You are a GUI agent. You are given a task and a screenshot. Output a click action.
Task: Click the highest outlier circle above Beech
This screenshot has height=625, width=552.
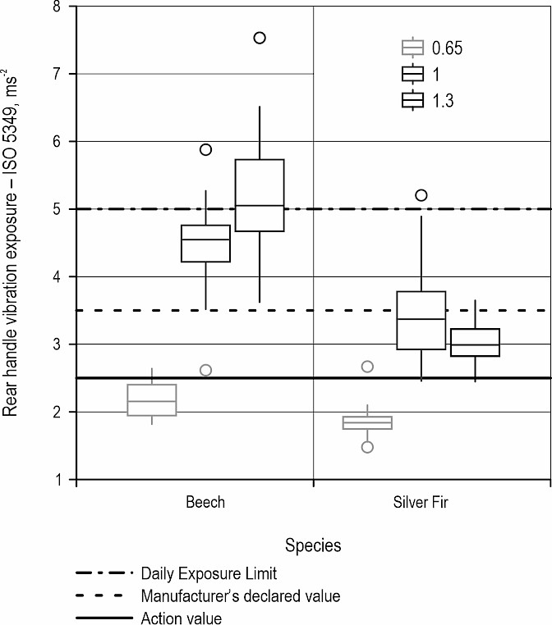[260, 38]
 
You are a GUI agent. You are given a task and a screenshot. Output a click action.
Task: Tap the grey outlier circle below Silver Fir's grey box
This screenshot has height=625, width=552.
[367, 447]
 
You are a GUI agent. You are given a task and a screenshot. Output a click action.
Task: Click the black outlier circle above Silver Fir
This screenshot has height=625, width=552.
[421, 195]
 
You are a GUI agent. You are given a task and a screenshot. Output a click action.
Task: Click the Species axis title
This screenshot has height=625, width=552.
[313, 545]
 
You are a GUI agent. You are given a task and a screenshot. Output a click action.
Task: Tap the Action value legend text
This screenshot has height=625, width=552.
[181, 618]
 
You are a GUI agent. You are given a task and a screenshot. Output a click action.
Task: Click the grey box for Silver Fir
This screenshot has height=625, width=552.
[367, 422]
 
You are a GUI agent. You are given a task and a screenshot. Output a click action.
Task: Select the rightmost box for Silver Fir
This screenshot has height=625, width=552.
[475, 343]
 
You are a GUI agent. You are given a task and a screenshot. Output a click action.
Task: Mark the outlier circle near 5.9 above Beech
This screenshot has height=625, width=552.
[205, 149]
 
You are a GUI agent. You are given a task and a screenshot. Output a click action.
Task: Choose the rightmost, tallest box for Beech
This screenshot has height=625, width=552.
[260, 195]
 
